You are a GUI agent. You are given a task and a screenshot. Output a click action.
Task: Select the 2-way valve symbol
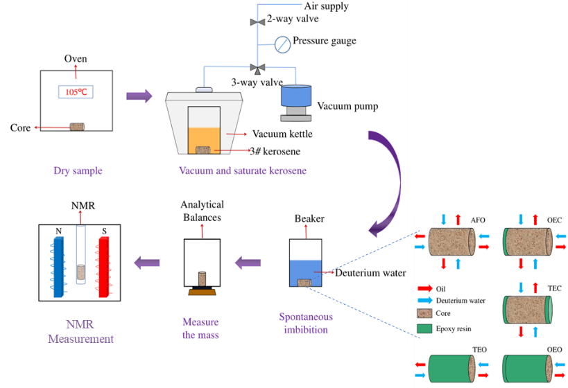click(257, 21)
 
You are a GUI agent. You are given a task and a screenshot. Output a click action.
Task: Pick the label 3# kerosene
click(275, 150)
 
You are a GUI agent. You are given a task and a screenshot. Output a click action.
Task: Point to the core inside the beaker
click(304, 282)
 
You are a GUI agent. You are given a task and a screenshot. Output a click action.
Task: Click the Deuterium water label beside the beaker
click(370, 272)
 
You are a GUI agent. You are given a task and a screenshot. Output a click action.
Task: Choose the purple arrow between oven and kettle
click(138, 96)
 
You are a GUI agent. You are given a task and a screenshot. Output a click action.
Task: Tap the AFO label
click(479, 220)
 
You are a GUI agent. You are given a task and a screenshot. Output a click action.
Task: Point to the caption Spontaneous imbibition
click(306, 323)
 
